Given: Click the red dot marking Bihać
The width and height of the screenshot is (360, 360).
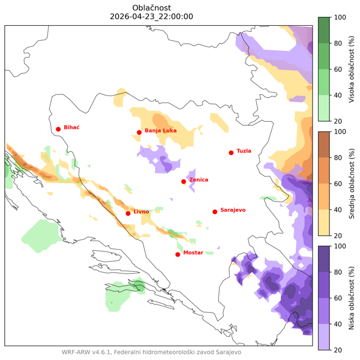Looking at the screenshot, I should tap(58, 129).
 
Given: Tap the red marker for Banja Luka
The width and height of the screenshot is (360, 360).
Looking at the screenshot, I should tap(139, 133).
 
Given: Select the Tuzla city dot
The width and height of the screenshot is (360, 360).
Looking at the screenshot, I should tap(231, 152).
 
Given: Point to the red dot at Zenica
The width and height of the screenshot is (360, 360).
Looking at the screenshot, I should tap(184, 181).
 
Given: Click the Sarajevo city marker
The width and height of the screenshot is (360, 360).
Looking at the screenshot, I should tap(215, 211).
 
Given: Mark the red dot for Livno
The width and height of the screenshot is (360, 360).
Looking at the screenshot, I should tap(128, 213).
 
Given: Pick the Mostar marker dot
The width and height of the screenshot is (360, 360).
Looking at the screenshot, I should tap(178, 254).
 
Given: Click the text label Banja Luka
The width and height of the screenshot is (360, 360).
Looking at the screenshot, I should tap(161, 130).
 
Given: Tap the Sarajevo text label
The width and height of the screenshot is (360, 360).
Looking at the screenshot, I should tap(233, 209).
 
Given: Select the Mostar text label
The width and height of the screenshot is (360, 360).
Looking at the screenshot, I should tap(193, 253).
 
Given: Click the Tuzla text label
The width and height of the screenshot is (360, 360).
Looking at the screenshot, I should tap(244, 151).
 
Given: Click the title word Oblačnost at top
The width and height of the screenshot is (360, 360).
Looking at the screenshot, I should tap(152, 7).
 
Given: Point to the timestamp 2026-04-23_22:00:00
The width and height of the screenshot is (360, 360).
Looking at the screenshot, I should tap(152, 17).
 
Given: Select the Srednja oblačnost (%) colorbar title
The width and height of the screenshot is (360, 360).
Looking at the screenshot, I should tap(350, 183).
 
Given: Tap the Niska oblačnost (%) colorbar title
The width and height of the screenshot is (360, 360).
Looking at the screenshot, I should tap(350, 298).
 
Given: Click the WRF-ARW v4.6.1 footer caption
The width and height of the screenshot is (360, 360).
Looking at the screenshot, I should tap(151, 352).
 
